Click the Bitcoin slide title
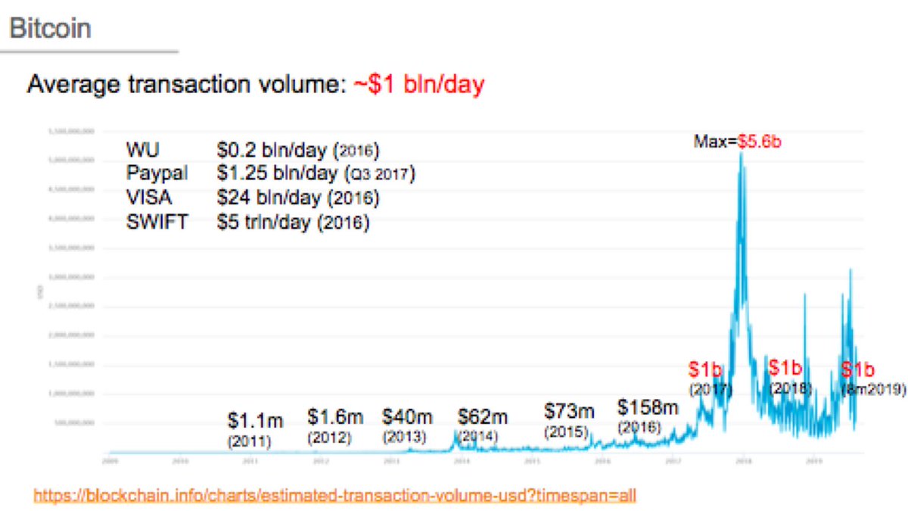(x=51, y=29)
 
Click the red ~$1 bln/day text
(x=418, y=84)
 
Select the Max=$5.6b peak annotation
(x=736, y=141)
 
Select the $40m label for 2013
(x=407, y=416)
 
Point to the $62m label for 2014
(x=483, y=416)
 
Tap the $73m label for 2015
(x=569, y=412)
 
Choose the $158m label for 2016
(x=647, y=407)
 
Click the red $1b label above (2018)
(x=785, y=369)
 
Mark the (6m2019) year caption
(x=874, y=390)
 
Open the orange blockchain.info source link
(x=336, y=496)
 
